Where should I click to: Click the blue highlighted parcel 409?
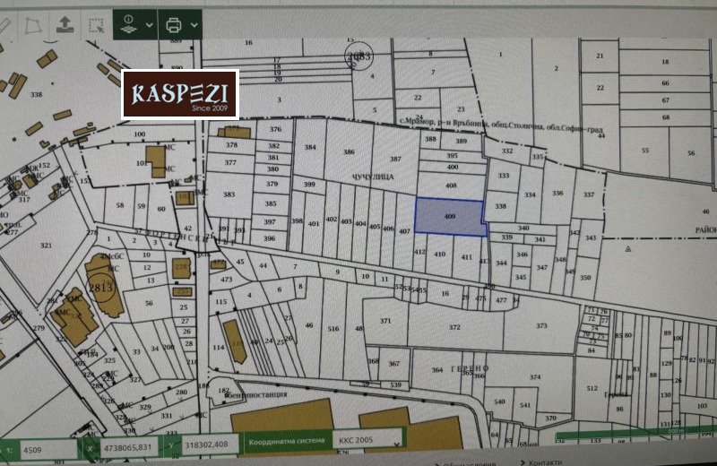pos(449,217)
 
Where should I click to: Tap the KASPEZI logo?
pos(180,94)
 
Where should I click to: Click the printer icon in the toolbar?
pos(174,23)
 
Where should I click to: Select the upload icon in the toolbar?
pos(65,23)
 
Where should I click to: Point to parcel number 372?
pos(454,327)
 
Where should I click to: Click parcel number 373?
pos(540,325)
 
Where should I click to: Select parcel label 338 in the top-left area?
pos(36,94)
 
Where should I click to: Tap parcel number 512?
pos(592,387)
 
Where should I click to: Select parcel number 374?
pos(535,378)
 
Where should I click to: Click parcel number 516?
pos(333,330)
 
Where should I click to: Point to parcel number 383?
pos(229,194)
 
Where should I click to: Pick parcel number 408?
pos(451,186)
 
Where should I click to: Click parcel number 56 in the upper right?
pos(690,153)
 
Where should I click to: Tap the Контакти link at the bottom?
pos(545,462)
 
